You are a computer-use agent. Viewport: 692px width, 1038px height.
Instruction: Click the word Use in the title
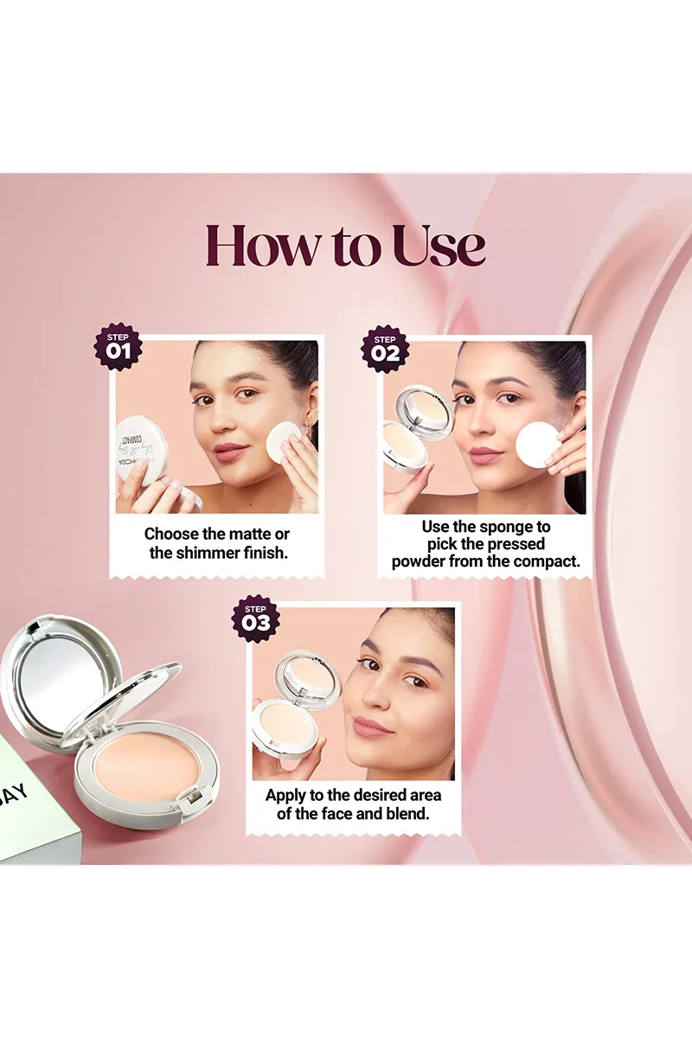click(439, 246)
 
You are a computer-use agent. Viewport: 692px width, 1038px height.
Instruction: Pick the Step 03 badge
click(256, 618)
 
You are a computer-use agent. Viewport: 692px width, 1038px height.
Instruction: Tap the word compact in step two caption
click(548, 561)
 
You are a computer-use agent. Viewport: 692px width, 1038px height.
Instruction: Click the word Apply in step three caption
click(286, 795)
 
